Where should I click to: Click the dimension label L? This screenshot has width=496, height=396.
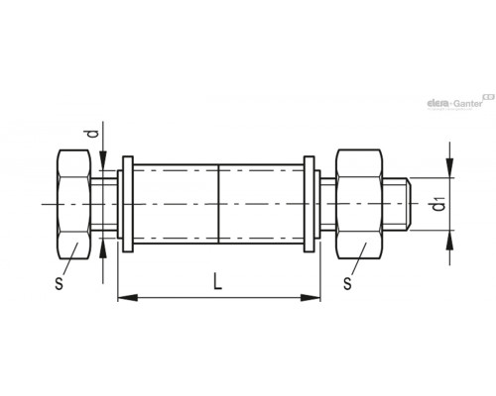(x=217, y=281)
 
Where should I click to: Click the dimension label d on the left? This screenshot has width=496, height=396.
(x=94, y=134)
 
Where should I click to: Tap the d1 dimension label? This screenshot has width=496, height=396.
(x=438, y=204)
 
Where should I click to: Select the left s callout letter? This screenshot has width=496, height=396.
(x=59, y=283)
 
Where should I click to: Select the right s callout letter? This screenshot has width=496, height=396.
(x=347, y=283)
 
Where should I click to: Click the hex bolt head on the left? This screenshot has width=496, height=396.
(x=74, y=205)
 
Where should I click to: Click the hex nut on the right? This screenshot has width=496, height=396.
(x=359, y=204)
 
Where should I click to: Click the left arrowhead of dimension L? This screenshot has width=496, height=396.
(x=128, y=297)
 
